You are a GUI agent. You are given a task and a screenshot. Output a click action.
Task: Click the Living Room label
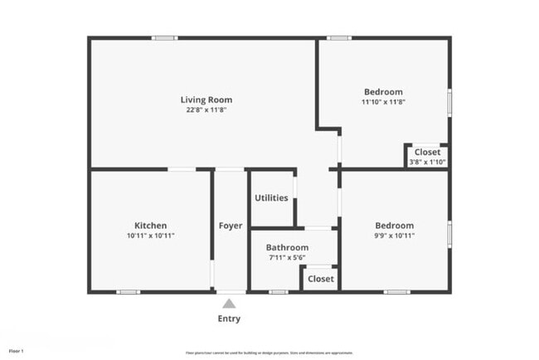pyautogui.click(x=206, y=100)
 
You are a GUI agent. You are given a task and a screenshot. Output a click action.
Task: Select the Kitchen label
pyautogui.click(x=151, y=226)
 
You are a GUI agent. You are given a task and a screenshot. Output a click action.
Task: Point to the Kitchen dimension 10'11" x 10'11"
pyautogui.click(x=151, y=236)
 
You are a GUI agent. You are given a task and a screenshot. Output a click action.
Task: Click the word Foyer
pyautogui.click(x=231, y=226)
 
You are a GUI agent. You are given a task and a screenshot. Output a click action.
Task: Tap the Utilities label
pyautogui.click(x=272, y=198)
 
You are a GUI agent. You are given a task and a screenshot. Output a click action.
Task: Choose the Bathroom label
pyautogui.click(x=287, y=248)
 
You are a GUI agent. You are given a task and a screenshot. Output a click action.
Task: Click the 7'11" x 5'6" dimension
pyautogui.click(x=287, y=258)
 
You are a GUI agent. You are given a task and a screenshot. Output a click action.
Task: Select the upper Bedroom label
pyautogui.click(x=383, y=92)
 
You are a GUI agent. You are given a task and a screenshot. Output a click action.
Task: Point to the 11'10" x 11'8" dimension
pyautogui.click(x=383, y=102)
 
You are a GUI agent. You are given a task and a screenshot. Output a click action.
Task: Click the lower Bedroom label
pyautogui.click(x=394, y=226)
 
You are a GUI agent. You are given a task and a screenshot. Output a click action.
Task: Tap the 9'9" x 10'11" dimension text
pyautogui.click(x=394, y=236)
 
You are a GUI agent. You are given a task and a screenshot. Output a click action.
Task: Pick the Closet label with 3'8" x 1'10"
pyautogui.click(x=427, y=153)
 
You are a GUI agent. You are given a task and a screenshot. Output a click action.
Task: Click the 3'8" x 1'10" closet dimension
pyautogui.click(x=427, y=162)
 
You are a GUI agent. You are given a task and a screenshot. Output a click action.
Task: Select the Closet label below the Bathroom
pyautogui.click(x=321, y=279)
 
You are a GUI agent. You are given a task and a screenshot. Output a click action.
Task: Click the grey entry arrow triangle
pyautogui.click(x=229, y=304)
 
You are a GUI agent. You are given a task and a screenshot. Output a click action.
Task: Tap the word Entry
pyautogui.click(x=229, y=319)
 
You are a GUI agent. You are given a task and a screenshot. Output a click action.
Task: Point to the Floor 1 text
pyautogui.click(x=16, y=351)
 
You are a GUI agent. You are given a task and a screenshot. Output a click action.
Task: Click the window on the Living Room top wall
pyautogui.click(x=163, y=37)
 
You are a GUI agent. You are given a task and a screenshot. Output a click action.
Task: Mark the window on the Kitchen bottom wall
pyautogui.click(x=127, y=292)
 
